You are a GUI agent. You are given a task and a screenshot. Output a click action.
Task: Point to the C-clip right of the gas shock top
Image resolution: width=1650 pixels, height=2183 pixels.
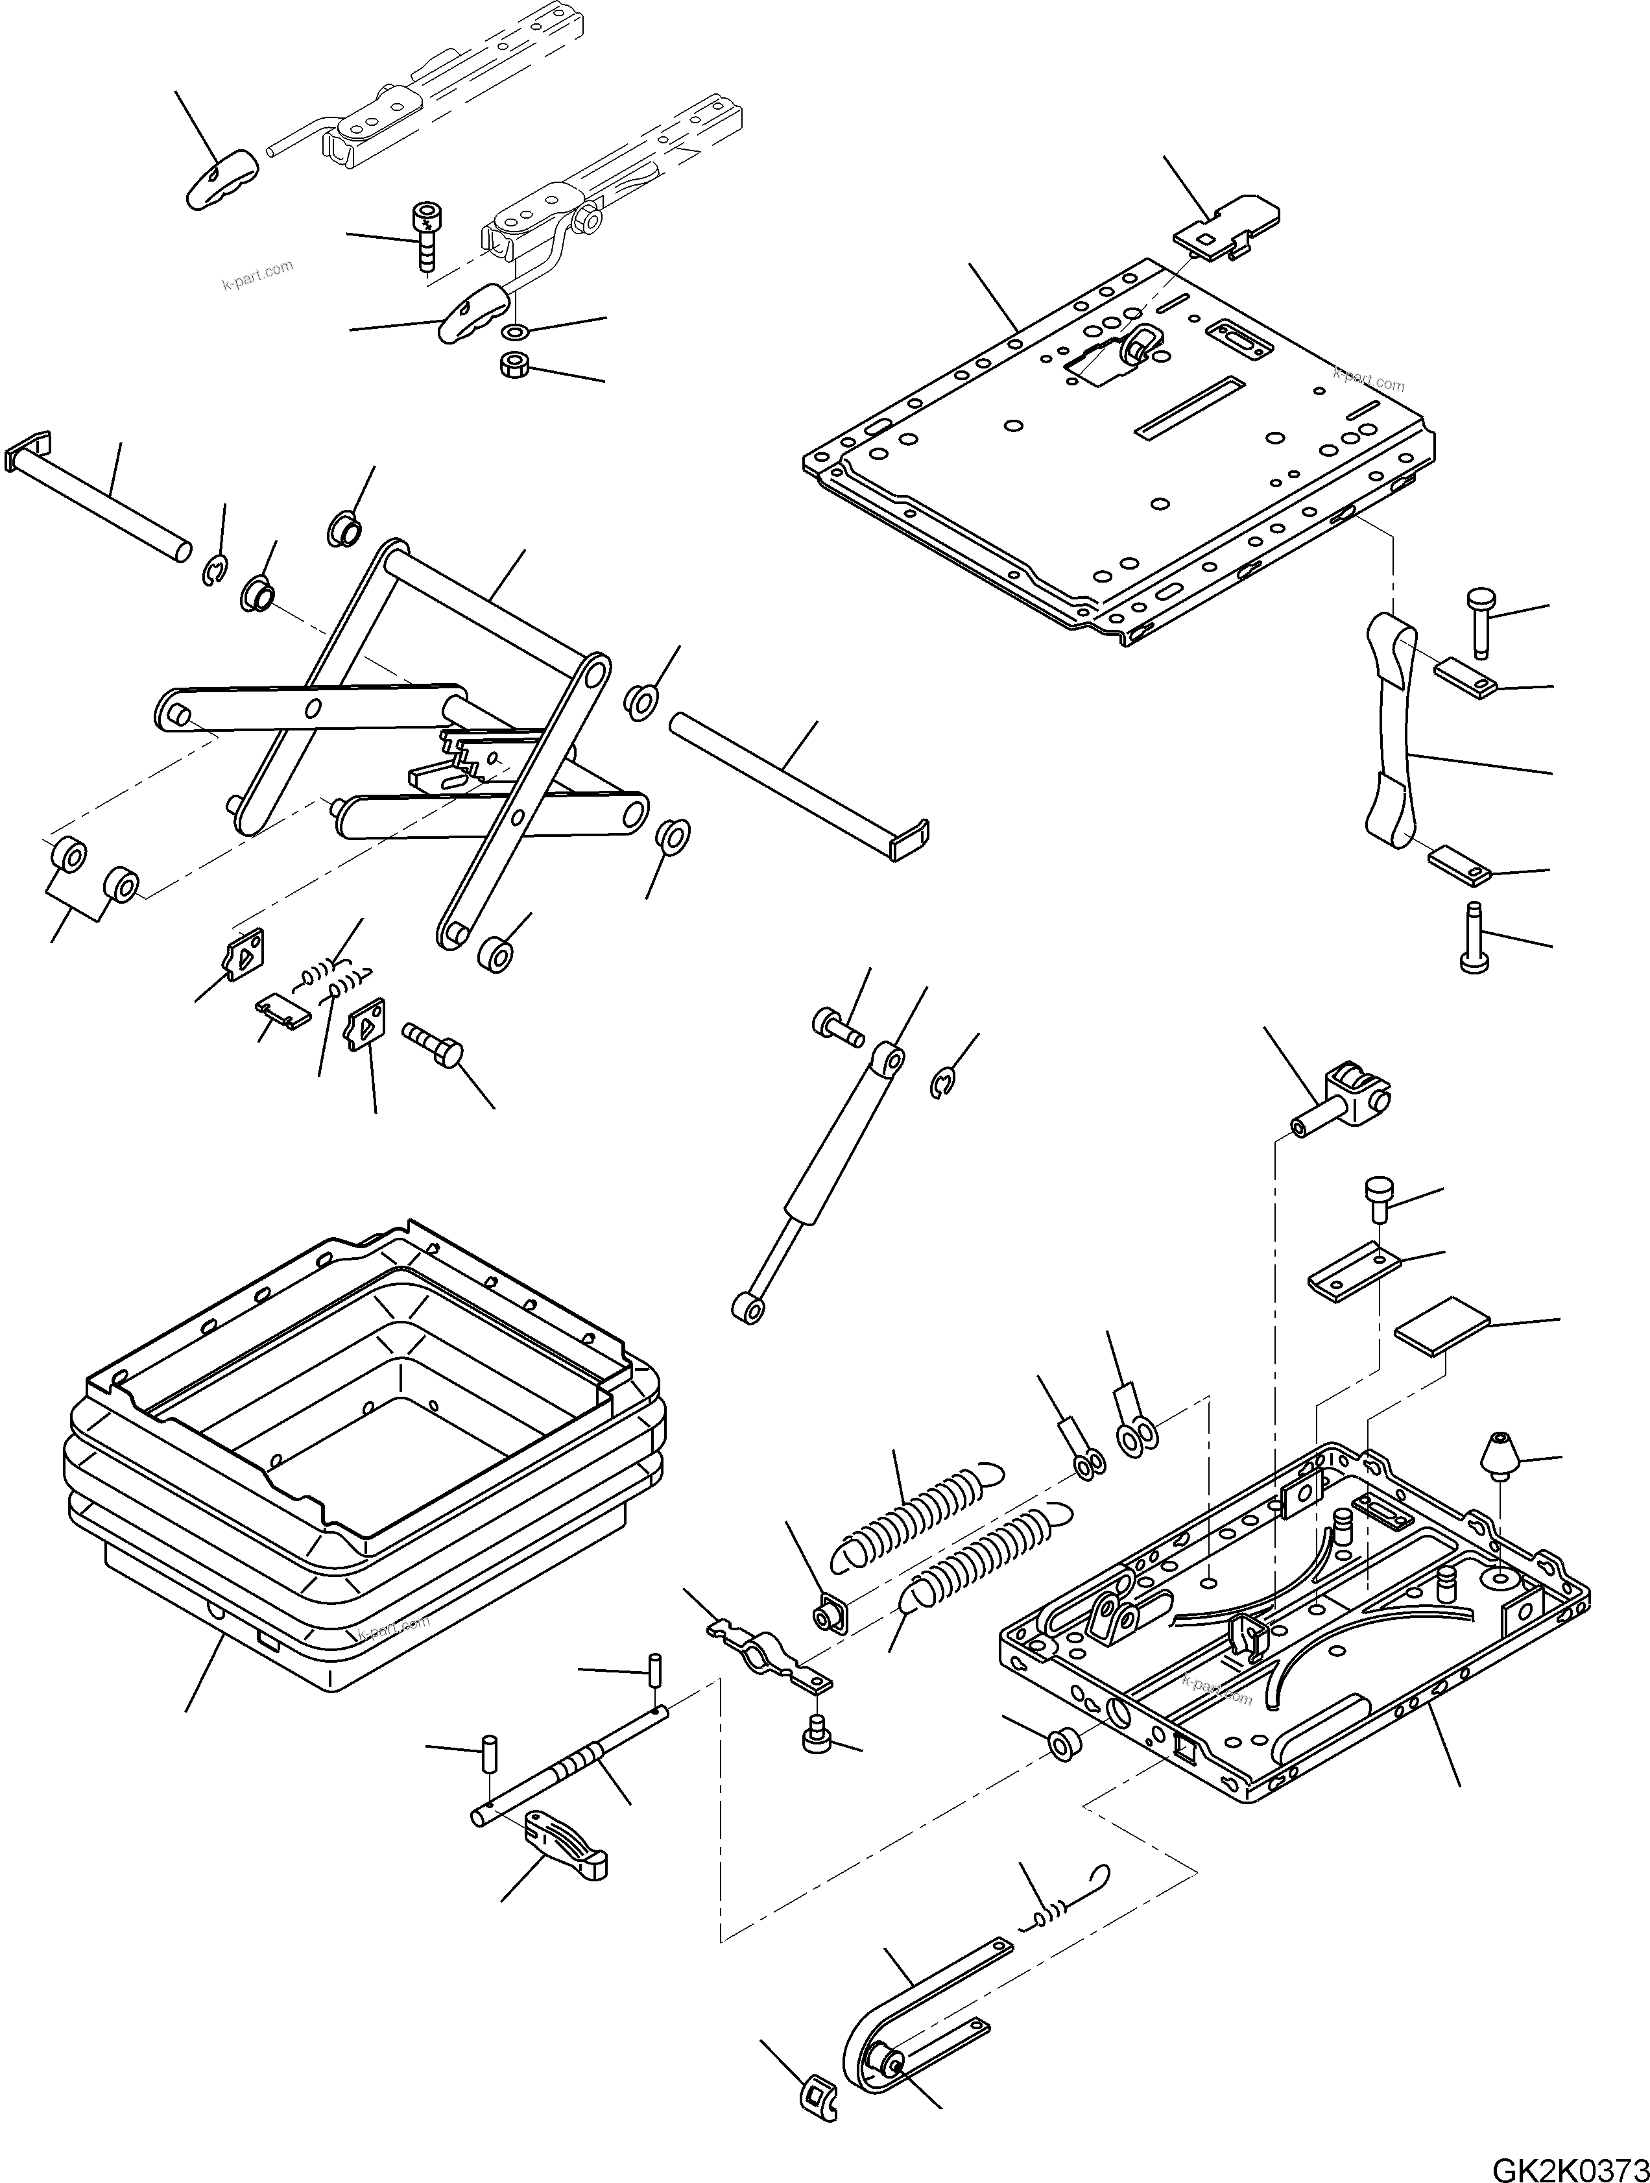(x=944, y=1085)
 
